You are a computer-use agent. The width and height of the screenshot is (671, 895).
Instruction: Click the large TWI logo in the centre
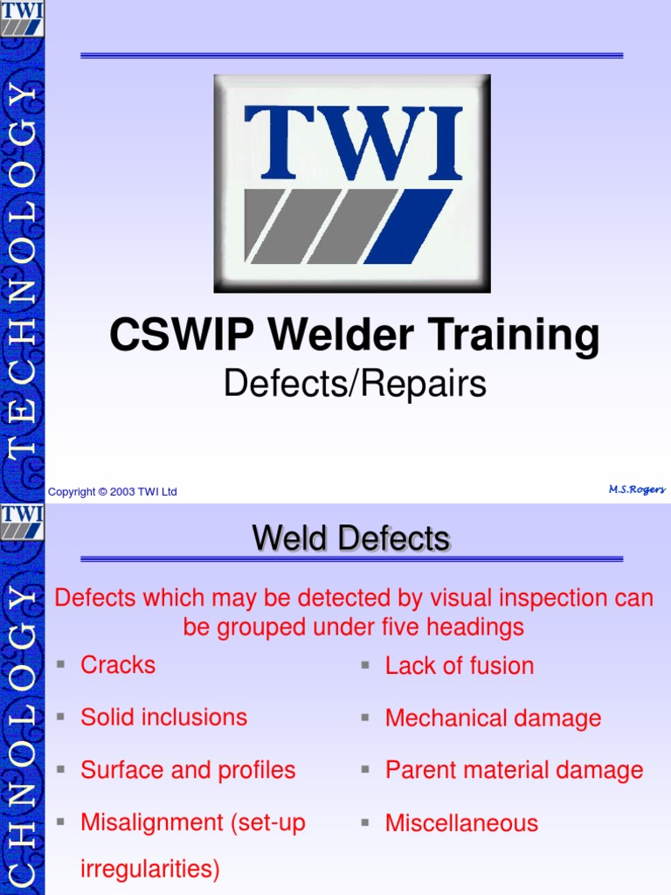(352, 184)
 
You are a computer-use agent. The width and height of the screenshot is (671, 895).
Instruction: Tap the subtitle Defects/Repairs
(355, 384)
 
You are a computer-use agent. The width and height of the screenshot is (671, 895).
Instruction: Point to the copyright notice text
(113, 492)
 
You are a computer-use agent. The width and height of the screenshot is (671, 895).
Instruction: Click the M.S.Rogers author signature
(637, 490)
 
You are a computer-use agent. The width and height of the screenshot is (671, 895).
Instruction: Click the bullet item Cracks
(118, 665)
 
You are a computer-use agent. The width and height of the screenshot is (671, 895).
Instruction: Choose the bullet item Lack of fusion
(460, 666)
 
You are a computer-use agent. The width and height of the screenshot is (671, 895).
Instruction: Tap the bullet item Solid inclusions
(164, 718)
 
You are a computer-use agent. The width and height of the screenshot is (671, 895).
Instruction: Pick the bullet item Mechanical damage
(493, 718)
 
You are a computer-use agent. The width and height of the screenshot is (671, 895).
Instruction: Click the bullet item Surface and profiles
(188, 770)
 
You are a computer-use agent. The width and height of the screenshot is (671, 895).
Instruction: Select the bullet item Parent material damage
(514, 770)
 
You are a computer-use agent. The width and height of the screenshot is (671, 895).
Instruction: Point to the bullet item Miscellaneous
(461, 822)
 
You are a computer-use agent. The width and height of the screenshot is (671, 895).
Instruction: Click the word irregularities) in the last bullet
(150, 870)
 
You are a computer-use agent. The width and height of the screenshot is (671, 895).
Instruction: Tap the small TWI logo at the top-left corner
(22, 19)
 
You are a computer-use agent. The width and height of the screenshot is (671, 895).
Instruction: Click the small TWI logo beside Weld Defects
(22, 522)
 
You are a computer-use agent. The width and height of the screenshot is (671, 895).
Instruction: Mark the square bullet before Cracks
(60, 665)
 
